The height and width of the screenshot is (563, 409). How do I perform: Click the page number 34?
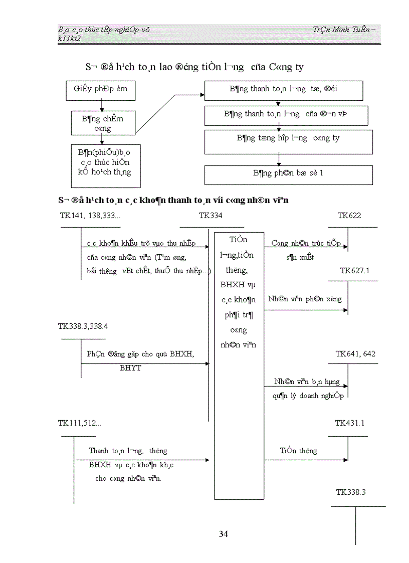pyautogui.click(x=224, y=534)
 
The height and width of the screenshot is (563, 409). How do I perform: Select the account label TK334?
pyautogui.click(x=211, y=216)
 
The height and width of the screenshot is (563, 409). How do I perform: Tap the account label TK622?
pyautogui.click(x=349, y=216)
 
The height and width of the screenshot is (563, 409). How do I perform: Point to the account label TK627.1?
pyautogui.click(x=354, y=271)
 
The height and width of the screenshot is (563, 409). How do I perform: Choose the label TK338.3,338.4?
pyautogui.click(x=83, y=326)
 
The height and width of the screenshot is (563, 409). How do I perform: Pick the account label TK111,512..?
pyautogui.click(x=80, y=423)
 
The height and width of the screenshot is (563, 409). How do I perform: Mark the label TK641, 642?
pyautogui.click(x=355, y=354)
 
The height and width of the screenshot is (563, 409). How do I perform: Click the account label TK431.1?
pyautogui.click(x=349, y=423)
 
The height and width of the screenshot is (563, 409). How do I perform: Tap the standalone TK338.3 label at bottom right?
pyautogui.click(x=351, y=492)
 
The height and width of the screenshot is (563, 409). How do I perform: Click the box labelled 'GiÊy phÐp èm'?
pyautogui.click(x=101, y=89)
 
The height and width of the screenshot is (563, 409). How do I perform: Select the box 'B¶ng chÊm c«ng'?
pyautogui.click(x=103, y=123)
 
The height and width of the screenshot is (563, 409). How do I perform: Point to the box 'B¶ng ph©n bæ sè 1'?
pyautogui.click(x=288, y=174)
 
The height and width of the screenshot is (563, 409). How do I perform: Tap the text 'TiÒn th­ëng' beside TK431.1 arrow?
pyautogui.click(x=298, y=451)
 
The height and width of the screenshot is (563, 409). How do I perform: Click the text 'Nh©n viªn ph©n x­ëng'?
pyautogui.click(x=305, y=299)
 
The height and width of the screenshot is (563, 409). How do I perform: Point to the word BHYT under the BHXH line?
pyautogui.click(x=130, y=368)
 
